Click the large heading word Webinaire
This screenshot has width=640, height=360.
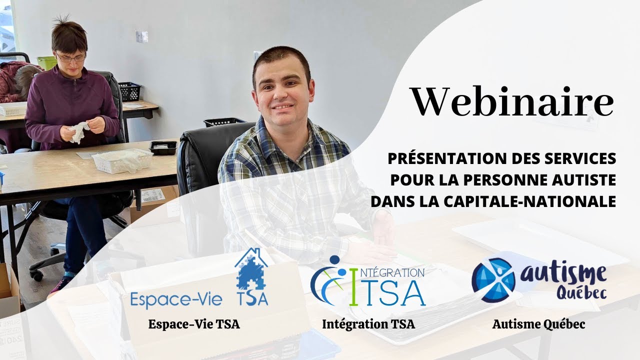pos(512,101)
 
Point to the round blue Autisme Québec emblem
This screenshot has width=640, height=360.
pos(493,280)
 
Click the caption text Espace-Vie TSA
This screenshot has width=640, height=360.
pos(194,324)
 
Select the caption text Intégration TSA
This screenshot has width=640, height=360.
pos(368,324)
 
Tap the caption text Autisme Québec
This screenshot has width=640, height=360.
pos(538,324)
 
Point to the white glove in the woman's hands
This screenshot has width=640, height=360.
pos(79,131)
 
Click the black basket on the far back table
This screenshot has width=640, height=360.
pos(129,91)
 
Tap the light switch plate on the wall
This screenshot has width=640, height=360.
pos(142,36)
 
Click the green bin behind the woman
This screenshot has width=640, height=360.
pos(46,62)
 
